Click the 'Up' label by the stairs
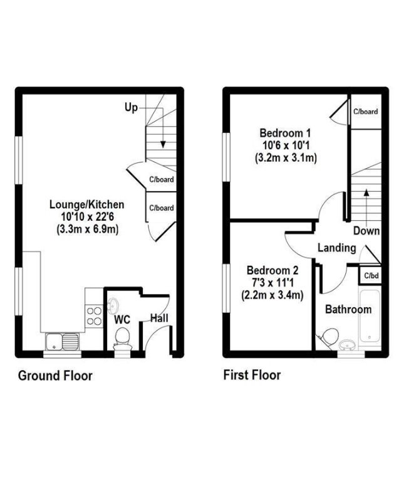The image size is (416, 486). (130, 108)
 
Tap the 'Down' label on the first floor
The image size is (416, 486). (366, 231)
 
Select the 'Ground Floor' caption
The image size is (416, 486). (55, 376)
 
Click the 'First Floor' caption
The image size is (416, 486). (252, 375)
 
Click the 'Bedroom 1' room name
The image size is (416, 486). (285, 133)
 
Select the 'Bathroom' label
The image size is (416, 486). (348, 309)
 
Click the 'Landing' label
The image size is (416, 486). (336, 248)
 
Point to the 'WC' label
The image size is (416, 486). (122, 319)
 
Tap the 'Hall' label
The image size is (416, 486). (159, 319)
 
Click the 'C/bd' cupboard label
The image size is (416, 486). (372, 275)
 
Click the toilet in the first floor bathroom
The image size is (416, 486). (326, 339)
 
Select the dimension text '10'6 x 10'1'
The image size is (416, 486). (285, 145)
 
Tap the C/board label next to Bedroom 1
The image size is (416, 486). (365, 112)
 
